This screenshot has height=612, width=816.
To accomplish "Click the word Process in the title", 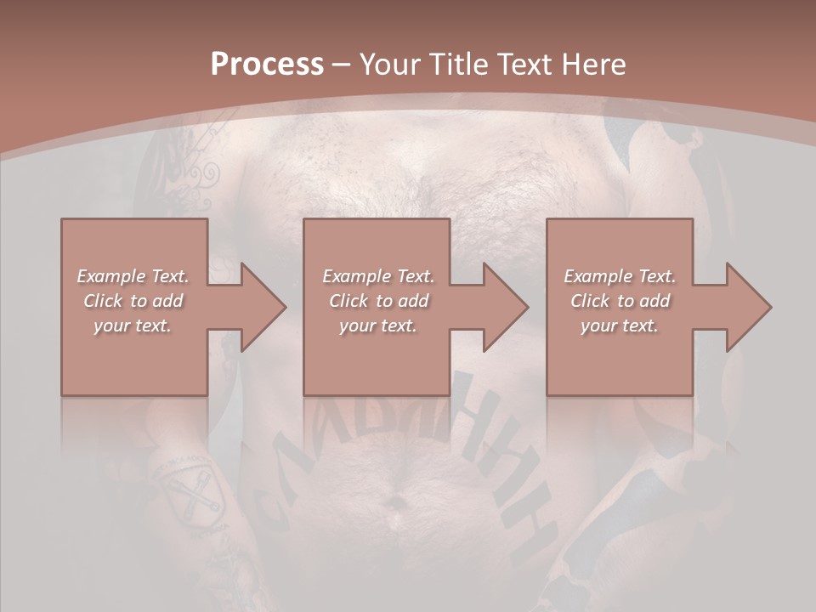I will [267, 65].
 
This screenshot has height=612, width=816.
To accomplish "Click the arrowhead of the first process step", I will [263, 307].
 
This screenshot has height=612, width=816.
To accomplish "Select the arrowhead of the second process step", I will [506, 307].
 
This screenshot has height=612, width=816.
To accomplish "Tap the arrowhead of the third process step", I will [749, 307].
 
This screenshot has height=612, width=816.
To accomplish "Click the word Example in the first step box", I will [111, 276].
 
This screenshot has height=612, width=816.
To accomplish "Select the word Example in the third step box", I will [598, 276].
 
